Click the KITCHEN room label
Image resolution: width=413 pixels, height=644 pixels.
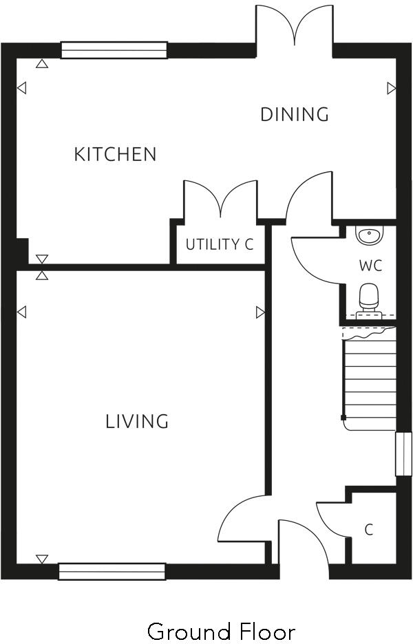[x=115, y=154]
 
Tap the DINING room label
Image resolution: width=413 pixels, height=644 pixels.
[x=294, y=114]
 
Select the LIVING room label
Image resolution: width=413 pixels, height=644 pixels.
[x=137, y=421]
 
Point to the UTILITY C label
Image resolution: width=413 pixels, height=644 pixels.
[x=219, y=244]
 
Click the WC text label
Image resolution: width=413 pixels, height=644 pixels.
[x=370, y=265]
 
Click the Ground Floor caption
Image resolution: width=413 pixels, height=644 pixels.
[x=221, y=631]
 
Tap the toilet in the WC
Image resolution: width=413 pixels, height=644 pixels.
[x=370, y=297]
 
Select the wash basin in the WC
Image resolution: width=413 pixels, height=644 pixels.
[x=369, y=235]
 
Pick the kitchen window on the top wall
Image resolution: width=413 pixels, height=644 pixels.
[x=114, y=50]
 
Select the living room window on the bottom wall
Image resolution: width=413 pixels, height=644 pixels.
[x=112, y=571]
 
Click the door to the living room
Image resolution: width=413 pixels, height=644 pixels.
[x=241, y=519]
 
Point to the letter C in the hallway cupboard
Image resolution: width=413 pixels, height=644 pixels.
[x=369, y=530]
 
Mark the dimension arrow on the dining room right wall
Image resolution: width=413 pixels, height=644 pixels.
[x=391, y=88]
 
